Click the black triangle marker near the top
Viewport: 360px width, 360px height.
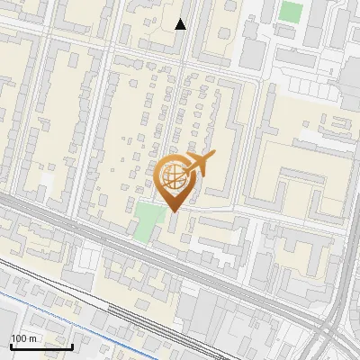181,24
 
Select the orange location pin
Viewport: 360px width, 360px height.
175,181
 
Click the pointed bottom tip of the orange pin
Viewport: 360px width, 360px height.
175,212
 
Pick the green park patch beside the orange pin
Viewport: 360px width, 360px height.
144,221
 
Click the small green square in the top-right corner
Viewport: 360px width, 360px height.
291,12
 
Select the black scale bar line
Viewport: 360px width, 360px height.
41,347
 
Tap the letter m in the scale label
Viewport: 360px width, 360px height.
32,338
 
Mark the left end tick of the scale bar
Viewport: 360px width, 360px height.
11,346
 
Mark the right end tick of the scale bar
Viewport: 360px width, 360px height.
72,346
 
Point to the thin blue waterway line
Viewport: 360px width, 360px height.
90,315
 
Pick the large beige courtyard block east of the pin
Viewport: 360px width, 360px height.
297,180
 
